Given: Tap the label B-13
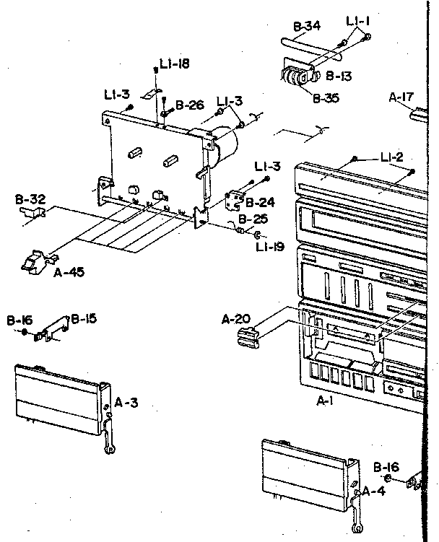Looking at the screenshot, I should (338, 74).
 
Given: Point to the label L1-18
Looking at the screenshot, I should (175, 65).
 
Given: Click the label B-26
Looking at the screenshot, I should (190, 105).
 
